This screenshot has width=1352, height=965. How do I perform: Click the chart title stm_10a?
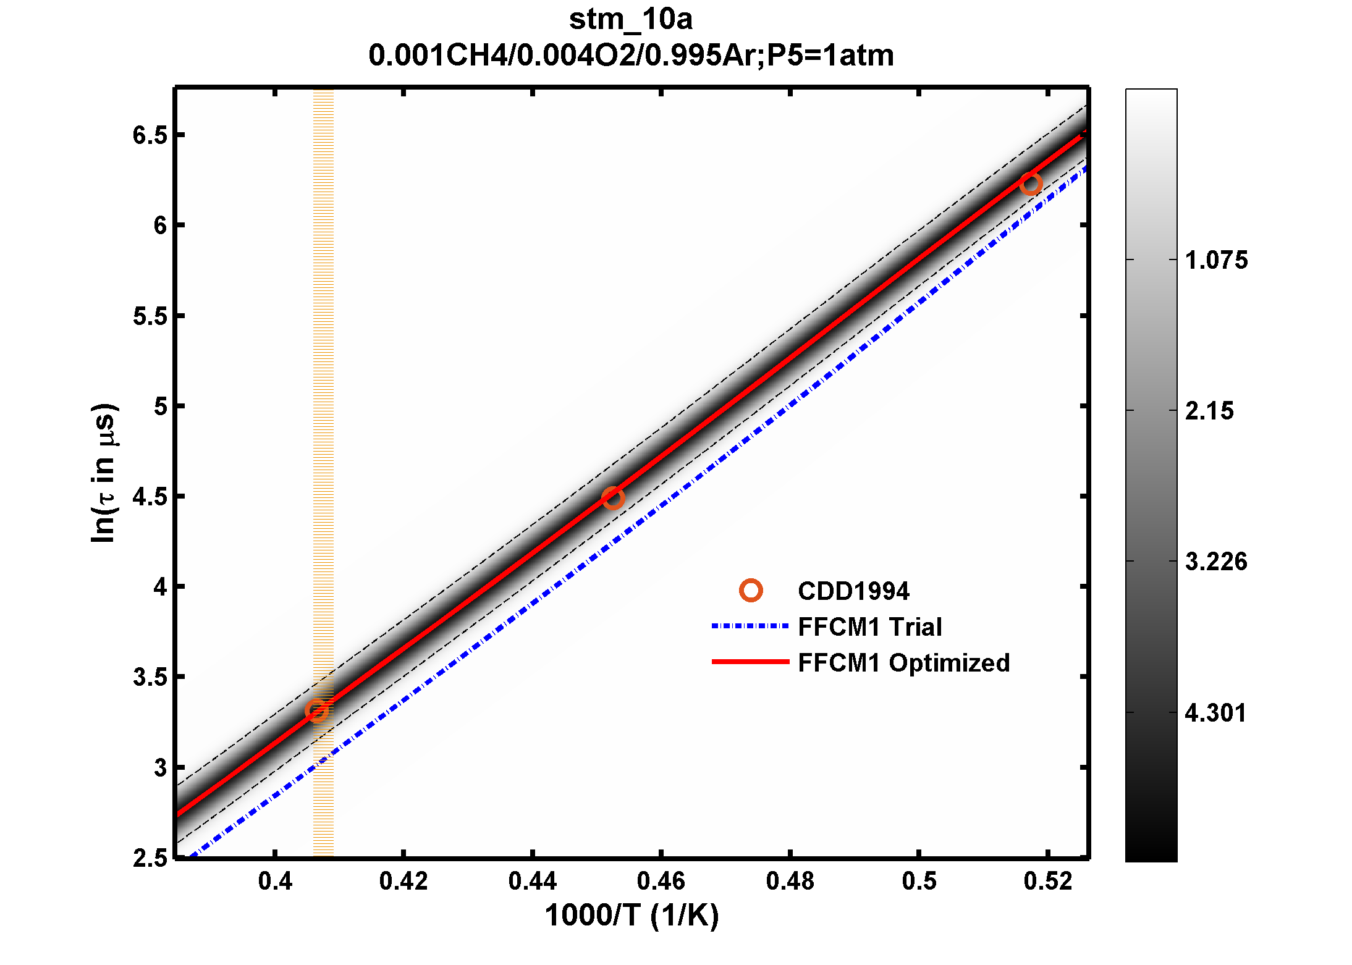630,20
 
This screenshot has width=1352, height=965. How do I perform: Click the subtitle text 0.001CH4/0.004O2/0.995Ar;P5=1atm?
630,56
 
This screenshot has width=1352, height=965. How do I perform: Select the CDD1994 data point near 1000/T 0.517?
1031,183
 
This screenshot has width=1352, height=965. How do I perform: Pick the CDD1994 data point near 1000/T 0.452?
612,498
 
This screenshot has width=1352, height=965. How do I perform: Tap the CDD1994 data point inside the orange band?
316,710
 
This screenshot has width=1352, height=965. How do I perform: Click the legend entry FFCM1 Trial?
869,626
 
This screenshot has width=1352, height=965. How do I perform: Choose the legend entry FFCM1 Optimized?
903,662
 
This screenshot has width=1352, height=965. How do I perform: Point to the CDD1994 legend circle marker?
751,591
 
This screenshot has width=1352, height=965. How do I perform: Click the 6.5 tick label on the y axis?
150,135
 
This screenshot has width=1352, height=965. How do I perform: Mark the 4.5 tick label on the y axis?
150,497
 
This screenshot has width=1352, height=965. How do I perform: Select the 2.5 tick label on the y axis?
150,858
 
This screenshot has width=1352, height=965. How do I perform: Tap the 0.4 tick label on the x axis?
275,881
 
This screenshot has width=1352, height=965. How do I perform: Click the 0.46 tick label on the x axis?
661,881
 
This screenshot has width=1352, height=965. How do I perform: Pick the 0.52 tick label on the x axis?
1048,881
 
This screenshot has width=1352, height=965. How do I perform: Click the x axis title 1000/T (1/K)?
632,916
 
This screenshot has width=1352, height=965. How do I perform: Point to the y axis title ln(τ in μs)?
103,473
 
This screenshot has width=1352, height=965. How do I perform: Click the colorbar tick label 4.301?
1215,713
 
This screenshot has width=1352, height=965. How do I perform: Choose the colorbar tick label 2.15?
1209,411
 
